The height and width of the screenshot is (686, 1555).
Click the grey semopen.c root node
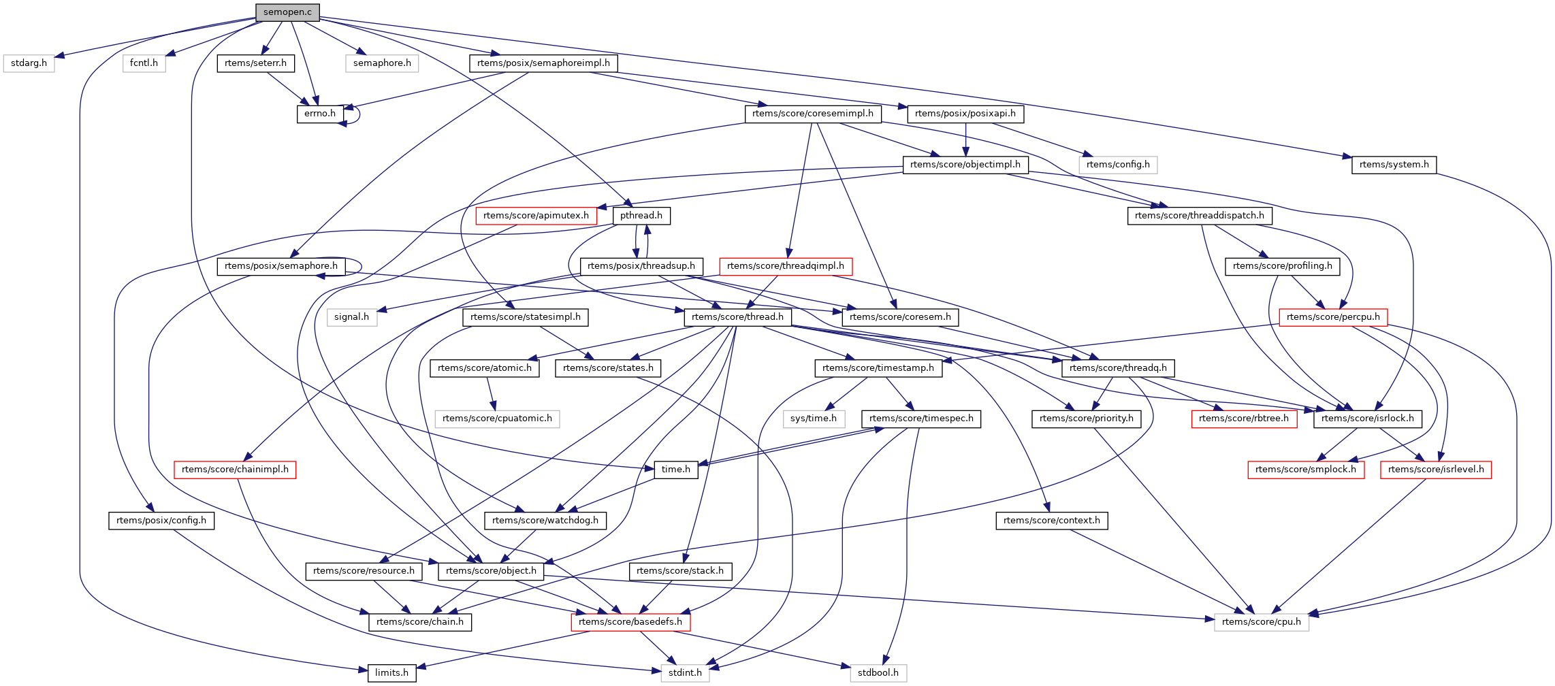click(x=287, y=12)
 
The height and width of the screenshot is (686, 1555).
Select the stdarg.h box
click(x=29, y=63)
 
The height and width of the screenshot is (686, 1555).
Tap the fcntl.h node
click(x=144, y=63)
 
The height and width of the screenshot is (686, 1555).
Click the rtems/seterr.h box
click(x=255, y=63)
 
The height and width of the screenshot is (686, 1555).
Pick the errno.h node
click(x=319, y=114)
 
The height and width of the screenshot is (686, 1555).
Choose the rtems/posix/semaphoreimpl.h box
click(x=543, y=63)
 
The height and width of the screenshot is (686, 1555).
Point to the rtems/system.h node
click(x=1394, y=165)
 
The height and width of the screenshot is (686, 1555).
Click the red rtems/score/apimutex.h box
click(x=536, y=216)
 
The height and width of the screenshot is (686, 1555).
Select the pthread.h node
click(x=641, y=216)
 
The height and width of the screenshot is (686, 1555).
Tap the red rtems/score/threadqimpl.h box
click(x=785, y=266)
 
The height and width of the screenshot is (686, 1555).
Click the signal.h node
click(x=351, y=317)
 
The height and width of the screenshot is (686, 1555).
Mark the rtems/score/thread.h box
click(x=737, y=317)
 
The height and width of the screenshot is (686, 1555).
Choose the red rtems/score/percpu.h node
click(x=1333, y=317)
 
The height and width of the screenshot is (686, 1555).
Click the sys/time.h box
click(x=813, y=419)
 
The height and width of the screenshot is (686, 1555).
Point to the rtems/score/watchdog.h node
click(x=545, y=521)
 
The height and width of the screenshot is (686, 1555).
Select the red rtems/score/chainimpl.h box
click(x=235, y=470)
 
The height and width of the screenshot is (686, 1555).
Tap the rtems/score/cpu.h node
click(x=1261, y=622)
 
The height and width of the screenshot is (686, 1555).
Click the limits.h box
click(x=391, y=673)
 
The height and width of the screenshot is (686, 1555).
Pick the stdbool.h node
click(x=878, y=673)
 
